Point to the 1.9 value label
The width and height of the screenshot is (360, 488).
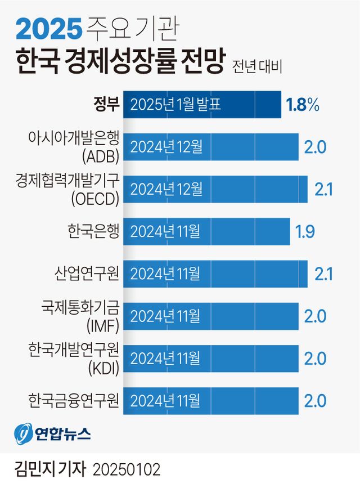pyautogui.click(x=305, y=231)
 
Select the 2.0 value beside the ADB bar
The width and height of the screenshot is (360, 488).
pyautogui.click(x=315, y=147)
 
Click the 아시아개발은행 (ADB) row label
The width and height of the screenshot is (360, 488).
pyautogui.click(x=74, y=146)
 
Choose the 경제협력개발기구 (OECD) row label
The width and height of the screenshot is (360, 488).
pyautogui.click(x=68, y=189)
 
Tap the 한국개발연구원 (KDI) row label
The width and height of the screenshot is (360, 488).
pyautogui.click(x=74, y=358)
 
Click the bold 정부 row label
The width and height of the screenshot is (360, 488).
pyautogui.click(x=106, y=105)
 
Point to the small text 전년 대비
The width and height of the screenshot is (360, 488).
pyautogui.click(x=256, y=66)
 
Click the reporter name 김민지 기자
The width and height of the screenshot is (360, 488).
pyautogui.click(x=51, y=469)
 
